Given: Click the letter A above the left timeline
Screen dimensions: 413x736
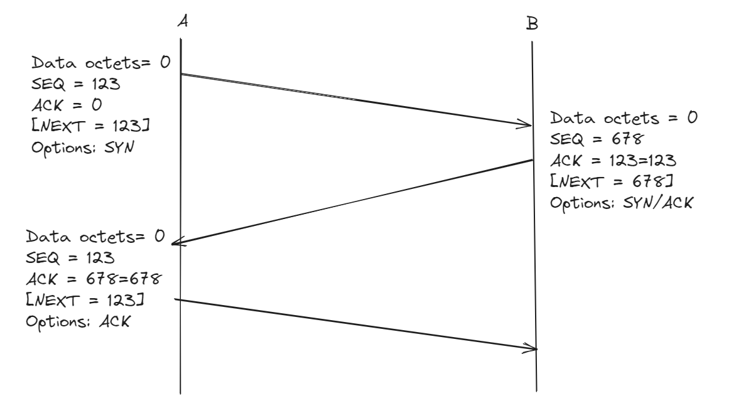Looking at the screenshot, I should tap(183, 21).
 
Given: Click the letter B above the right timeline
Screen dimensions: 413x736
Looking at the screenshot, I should tap(531, 24).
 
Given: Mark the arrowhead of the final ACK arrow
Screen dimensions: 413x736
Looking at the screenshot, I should tap(533, 348).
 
